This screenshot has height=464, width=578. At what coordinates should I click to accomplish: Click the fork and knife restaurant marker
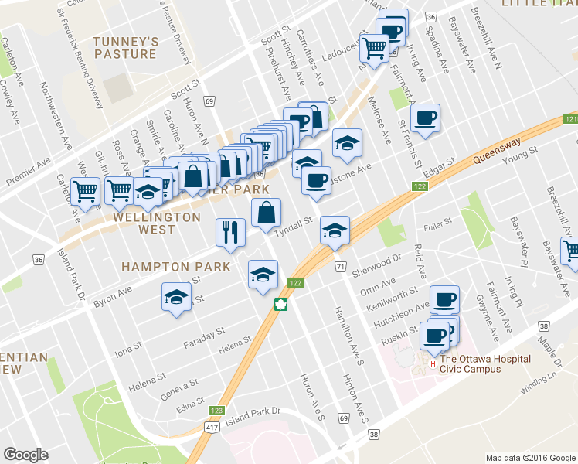tap(230, 233)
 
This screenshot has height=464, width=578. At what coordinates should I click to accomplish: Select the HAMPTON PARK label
tap(175, 266)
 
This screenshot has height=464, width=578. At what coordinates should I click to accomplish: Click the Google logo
tap(25, 454)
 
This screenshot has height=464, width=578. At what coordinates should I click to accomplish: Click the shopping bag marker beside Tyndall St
tap(266, 214)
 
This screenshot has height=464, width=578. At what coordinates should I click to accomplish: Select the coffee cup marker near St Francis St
tap(425, 119)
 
